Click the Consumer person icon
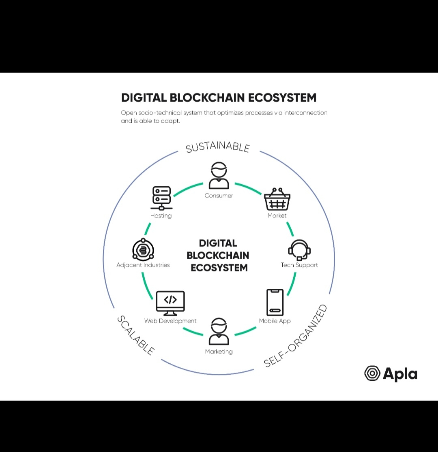[219, 176]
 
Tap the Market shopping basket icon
[277, 199]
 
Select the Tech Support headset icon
[299, 250]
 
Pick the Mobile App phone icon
[275, 302]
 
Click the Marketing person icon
[219, 331]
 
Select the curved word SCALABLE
[135, 335]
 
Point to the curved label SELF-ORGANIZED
[295, 337]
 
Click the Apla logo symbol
[372, 373]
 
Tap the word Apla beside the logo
[400, 374]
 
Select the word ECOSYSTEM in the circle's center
[219, 268]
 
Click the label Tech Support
[299, 265]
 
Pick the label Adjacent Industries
[143, 265]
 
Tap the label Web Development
[170, 321]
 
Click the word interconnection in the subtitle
[306, 113]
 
